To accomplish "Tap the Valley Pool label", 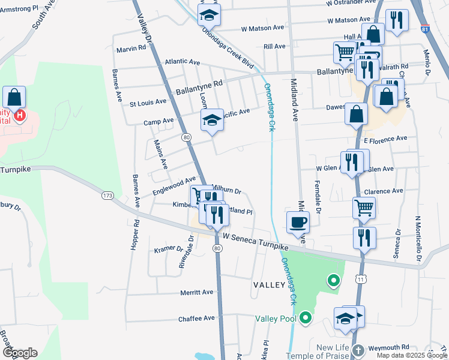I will click(276, 318).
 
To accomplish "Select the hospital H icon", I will click(20, 115).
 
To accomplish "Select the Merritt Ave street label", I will click(197, 292).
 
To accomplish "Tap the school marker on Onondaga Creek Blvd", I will click(209, 15).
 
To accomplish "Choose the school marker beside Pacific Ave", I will click(212, 121).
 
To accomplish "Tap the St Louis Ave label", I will click(148, 103).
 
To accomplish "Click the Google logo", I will click(20, 353).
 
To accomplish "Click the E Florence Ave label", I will click(385, 139).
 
